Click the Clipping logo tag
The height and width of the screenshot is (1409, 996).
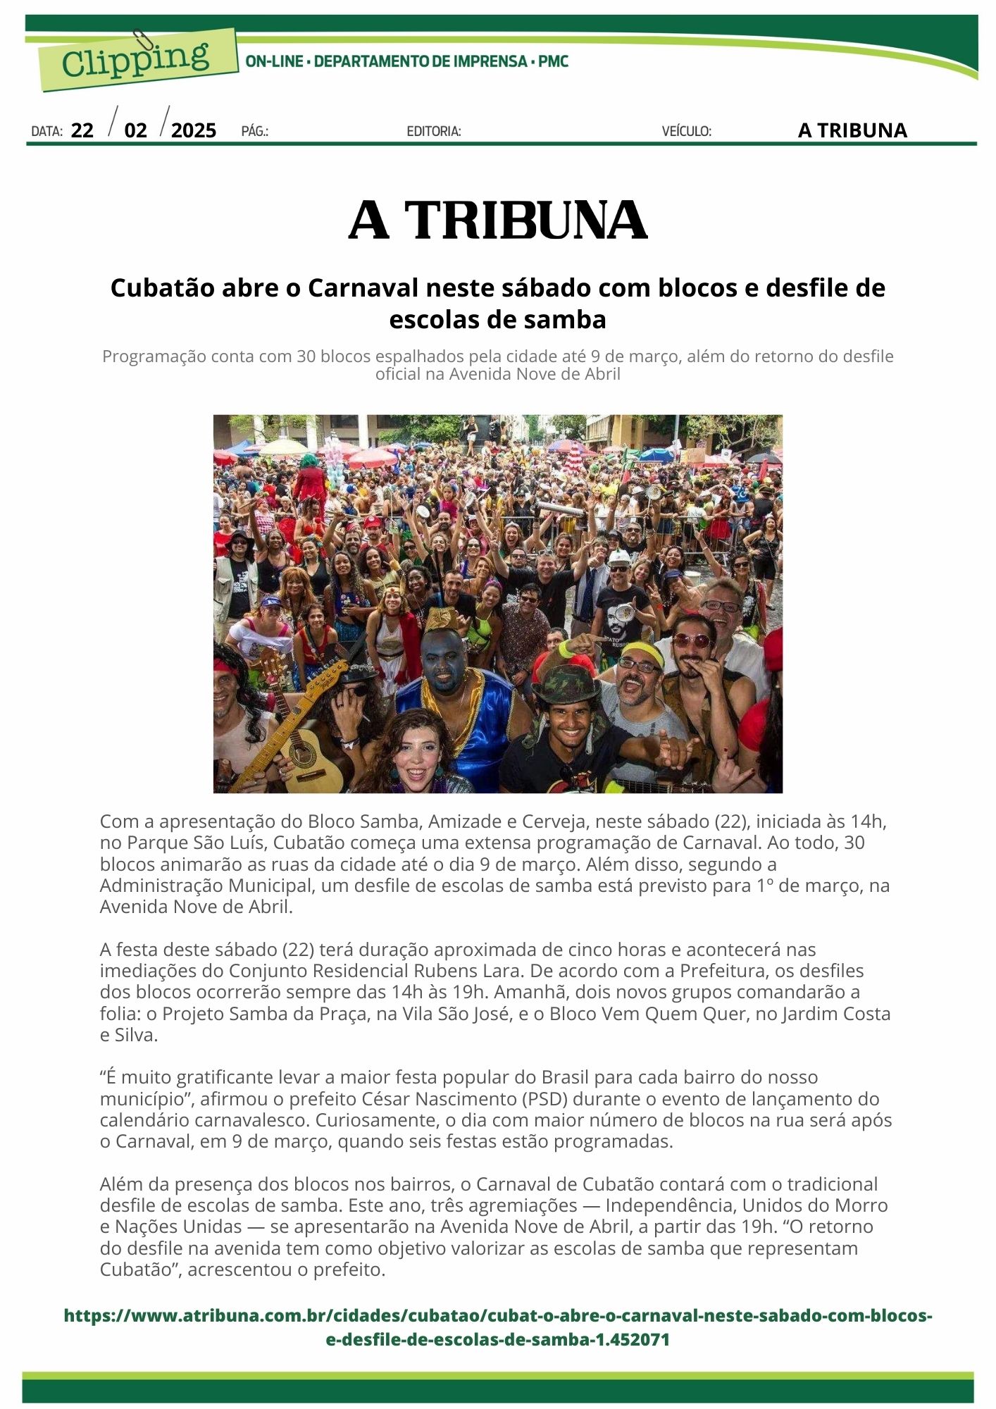coord(136,59)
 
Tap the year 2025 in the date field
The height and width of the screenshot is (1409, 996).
coord(194,130)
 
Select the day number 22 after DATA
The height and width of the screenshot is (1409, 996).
coord(82,130)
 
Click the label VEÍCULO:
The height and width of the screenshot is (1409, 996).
coord(686,131)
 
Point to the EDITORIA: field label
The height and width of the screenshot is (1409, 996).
coord(434,131)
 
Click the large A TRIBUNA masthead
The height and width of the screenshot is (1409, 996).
coord(497,221)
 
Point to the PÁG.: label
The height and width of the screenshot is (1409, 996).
coord(255,131)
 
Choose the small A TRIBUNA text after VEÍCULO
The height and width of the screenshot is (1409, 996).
coord(852,130)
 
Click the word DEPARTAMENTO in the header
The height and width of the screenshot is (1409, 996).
coord(371,61)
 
